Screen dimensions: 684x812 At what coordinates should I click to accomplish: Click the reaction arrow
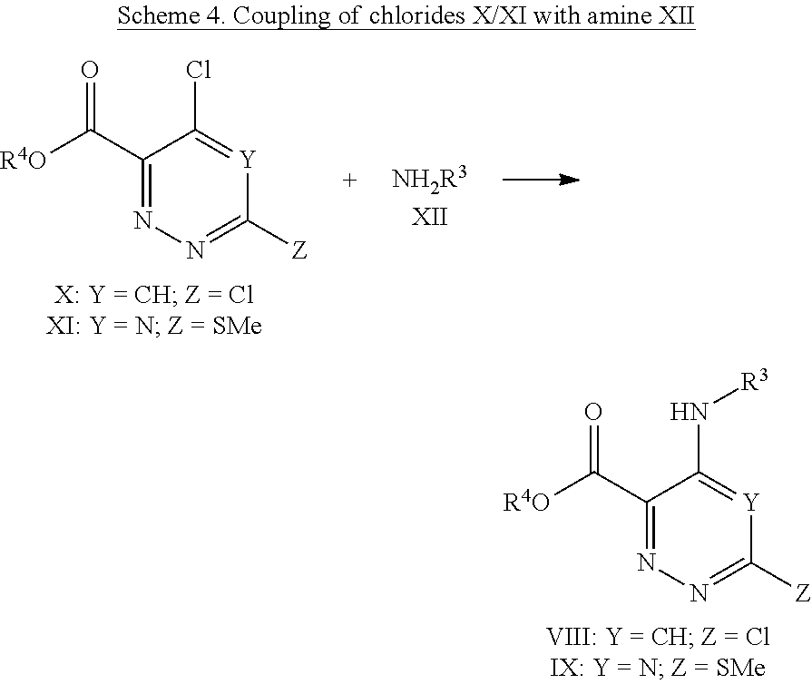541,180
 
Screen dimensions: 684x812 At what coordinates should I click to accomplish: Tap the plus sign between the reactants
349,181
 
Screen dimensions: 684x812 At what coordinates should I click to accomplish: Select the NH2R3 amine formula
430,179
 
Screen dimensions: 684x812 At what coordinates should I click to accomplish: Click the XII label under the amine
430,218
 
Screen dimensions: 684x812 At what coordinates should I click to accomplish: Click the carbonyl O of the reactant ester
90,71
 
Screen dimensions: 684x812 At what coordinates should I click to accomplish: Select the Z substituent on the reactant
298,251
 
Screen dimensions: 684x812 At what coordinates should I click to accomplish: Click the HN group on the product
690,414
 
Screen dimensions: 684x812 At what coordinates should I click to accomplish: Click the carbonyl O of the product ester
592,414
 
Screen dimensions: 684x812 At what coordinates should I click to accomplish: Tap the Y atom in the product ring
749,502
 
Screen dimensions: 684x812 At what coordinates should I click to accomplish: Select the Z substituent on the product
802,592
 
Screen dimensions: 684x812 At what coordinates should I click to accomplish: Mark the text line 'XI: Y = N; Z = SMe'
153,326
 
